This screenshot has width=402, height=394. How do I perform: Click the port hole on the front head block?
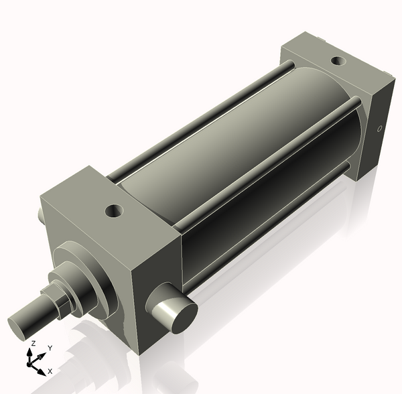tap(115, 212)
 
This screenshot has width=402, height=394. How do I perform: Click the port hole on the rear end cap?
tap(339, 62)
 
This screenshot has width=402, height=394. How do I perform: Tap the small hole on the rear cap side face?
tap(380, 129)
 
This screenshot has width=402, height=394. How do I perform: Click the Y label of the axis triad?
tap(50, 348)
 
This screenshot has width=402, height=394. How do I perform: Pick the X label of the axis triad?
tap(50, 371)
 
